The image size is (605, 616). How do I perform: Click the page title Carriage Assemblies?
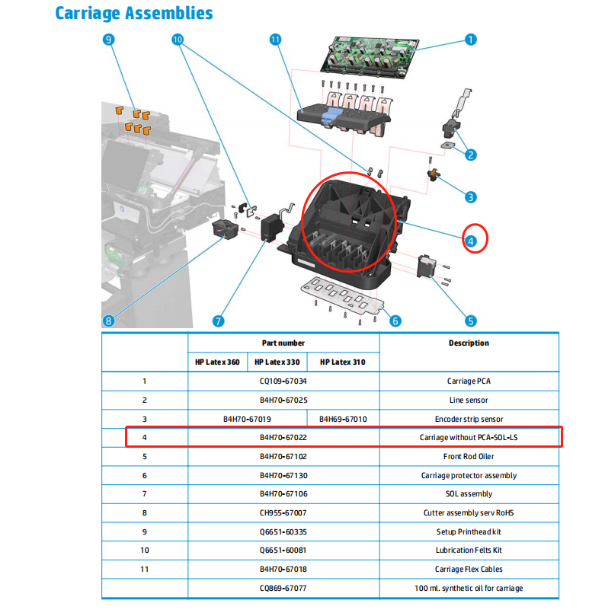click(134, 14)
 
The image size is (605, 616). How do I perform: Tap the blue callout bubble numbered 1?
click(470, 40)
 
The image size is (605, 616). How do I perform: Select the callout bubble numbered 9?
click(109, 40)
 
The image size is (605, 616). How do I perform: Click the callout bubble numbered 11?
click(276, 40)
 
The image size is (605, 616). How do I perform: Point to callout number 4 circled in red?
click(471, 241)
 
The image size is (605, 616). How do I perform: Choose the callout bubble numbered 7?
click(219, 321)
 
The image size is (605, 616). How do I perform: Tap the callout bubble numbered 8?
click(109, 321)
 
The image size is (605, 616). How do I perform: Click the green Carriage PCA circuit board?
click(372, 54)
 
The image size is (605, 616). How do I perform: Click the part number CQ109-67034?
click(283, 381)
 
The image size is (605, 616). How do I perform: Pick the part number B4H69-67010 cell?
click(343, 419)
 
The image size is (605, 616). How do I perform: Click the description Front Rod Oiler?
click(469, 457)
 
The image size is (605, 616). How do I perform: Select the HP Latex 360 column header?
click(217, 362)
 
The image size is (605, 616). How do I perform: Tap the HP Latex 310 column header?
click(343, 362)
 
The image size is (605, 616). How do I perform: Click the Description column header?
click(469, 343)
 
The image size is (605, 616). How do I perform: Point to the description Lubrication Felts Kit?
click(469, 551)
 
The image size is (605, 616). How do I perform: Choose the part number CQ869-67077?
click(283, 588)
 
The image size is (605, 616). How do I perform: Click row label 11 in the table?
click(144, 569)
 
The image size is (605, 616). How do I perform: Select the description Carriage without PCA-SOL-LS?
click(469, 438)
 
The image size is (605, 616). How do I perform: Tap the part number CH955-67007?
click(283, 512)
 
